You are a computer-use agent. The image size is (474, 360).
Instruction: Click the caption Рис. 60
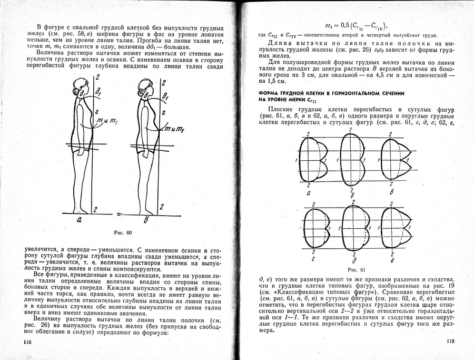[x=122, y=232]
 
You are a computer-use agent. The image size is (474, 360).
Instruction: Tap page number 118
[x=28, y=342]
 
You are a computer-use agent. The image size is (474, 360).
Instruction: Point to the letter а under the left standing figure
[x=79, y=221]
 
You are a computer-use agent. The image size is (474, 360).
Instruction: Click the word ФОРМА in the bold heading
[x=270, y=93]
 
